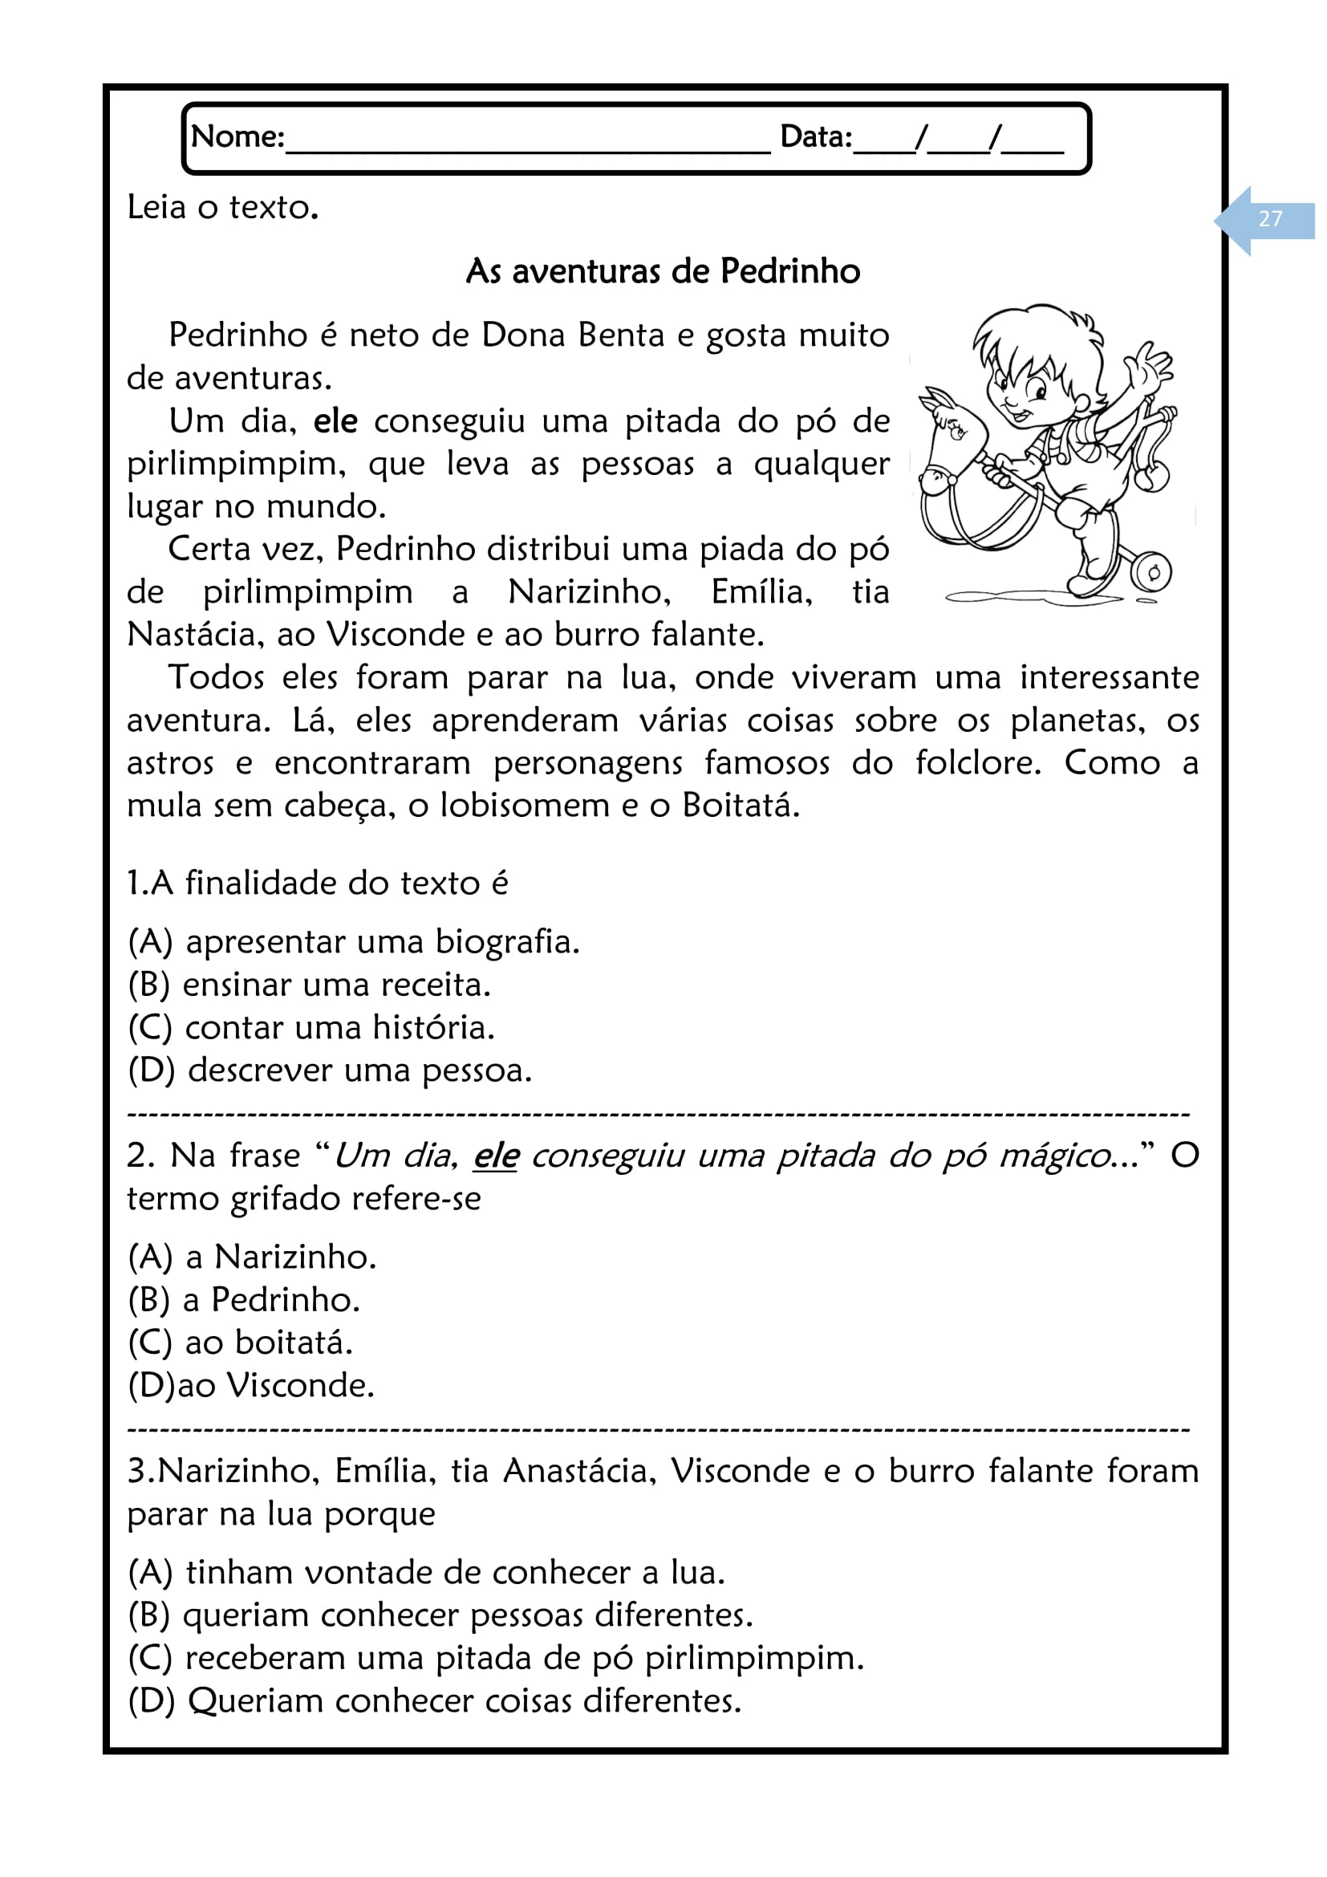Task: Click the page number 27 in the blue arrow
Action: (1270, 219)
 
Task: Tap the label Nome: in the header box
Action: (237, 136)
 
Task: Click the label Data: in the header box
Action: (815, 136)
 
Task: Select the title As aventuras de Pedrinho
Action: (663, 271)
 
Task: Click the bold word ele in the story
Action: (335, 421)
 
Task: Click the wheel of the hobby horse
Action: (1153, 572)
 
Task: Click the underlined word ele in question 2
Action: (495, 1156)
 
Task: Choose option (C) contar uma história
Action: (311, 1028)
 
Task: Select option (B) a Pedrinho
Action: (245, 1300)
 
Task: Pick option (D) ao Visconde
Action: (252, 1386)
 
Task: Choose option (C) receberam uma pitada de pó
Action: (496, 1658)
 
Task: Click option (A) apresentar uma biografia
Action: (354, 942)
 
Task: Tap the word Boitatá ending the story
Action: (740, 806)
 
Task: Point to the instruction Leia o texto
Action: (222, 208)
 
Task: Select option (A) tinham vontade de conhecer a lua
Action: (427, 1572)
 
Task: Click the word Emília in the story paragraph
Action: (761, 592)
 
